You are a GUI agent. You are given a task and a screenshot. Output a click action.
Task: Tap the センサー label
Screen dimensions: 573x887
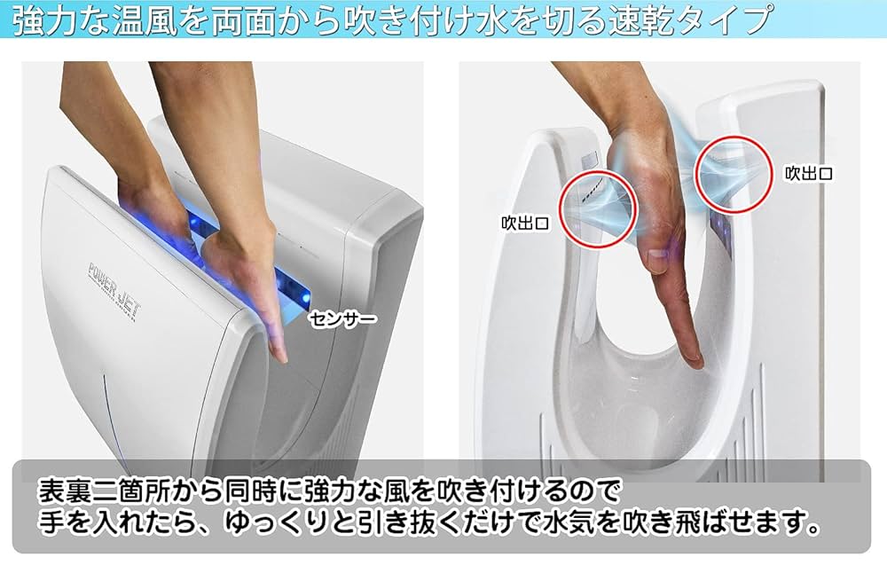(342, 318)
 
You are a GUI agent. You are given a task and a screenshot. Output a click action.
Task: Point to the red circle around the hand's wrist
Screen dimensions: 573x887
(731, 173)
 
